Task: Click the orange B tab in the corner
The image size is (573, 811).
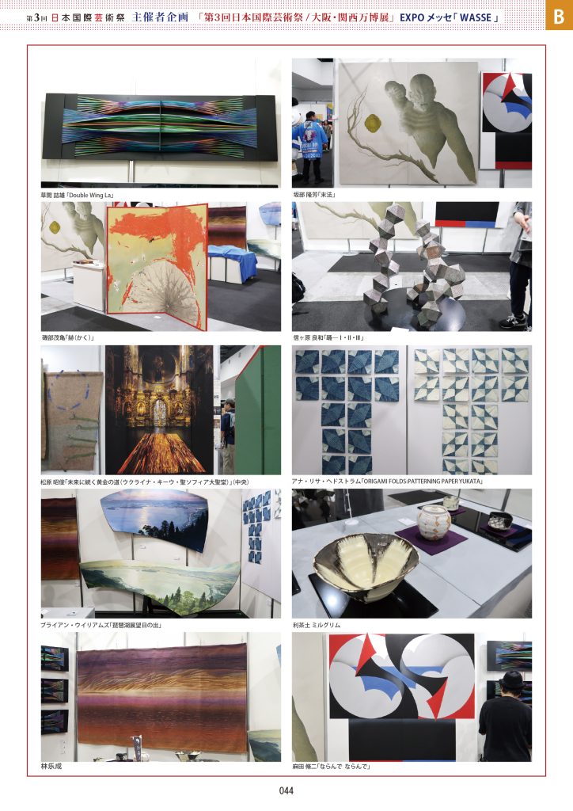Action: coord(559,16)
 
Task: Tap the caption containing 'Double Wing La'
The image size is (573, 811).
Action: coord(78,195)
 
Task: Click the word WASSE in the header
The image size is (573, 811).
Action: coord(476,17)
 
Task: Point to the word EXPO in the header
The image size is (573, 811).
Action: coord(412,17)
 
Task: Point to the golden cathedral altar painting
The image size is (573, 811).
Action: coord(159,409)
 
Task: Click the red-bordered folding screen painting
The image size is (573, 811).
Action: coord(157,265)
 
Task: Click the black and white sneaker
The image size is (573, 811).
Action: coord(513,322)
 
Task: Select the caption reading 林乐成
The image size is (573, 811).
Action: coord(51,766)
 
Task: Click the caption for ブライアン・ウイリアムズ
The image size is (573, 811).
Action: coord(101,625)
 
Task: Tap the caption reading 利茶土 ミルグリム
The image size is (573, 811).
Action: coord(317,625)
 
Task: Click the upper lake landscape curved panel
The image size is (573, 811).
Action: coord(154,519)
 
